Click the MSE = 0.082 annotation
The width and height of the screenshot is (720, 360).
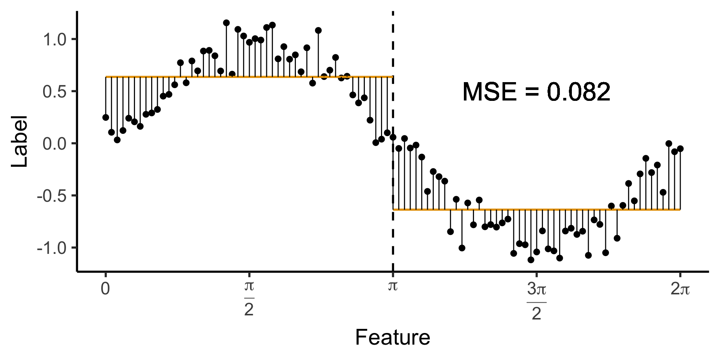[536, 92]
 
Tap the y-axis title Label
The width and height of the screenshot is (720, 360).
[19, 141]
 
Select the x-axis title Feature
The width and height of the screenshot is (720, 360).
[392, 337]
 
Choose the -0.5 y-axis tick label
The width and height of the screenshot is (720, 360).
[52, 196]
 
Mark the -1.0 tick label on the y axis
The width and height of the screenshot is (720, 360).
[52, 248]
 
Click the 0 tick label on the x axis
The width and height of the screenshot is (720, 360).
[106, 289]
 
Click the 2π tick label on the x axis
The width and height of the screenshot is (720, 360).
[680, 289]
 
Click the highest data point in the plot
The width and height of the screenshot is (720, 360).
[226, 23]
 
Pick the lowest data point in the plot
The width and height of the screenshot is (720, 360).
[531, 259]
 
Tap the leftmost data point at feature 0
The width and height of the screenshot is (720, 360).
[106, 117]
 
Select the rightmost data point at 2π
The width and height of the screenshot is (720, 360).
[680, 149]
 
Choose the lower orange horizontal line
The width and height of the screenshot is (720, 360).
[536, 210]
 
